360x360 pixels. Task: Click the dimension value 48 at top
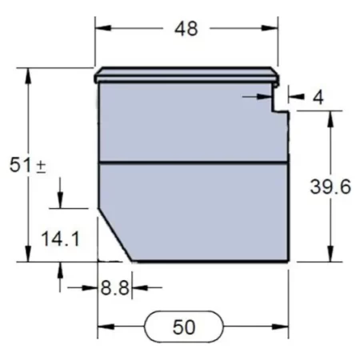click(x=186, y=29)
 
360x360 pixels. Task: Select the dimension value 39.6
click(x=330, y=187)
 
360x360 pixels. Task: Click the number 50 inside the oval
click(x=185, y=327)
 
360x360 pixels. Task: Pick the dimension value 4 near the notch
click(x=318, y=98)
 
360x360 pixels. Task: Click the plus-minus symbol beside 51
click(x=40, y=166)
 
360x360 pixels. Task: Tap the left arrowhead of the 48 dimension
click(x=102, y=29)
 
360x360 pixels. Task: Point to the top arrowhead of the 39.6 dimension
click(x=330, y=118)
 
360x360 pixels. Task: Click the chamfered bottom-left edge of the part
click(x=115, y=235)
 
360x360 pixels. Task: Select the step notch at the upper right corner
click(x=280, y=102)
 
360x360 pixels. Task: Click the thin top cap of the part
click(x=186, y=78)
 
